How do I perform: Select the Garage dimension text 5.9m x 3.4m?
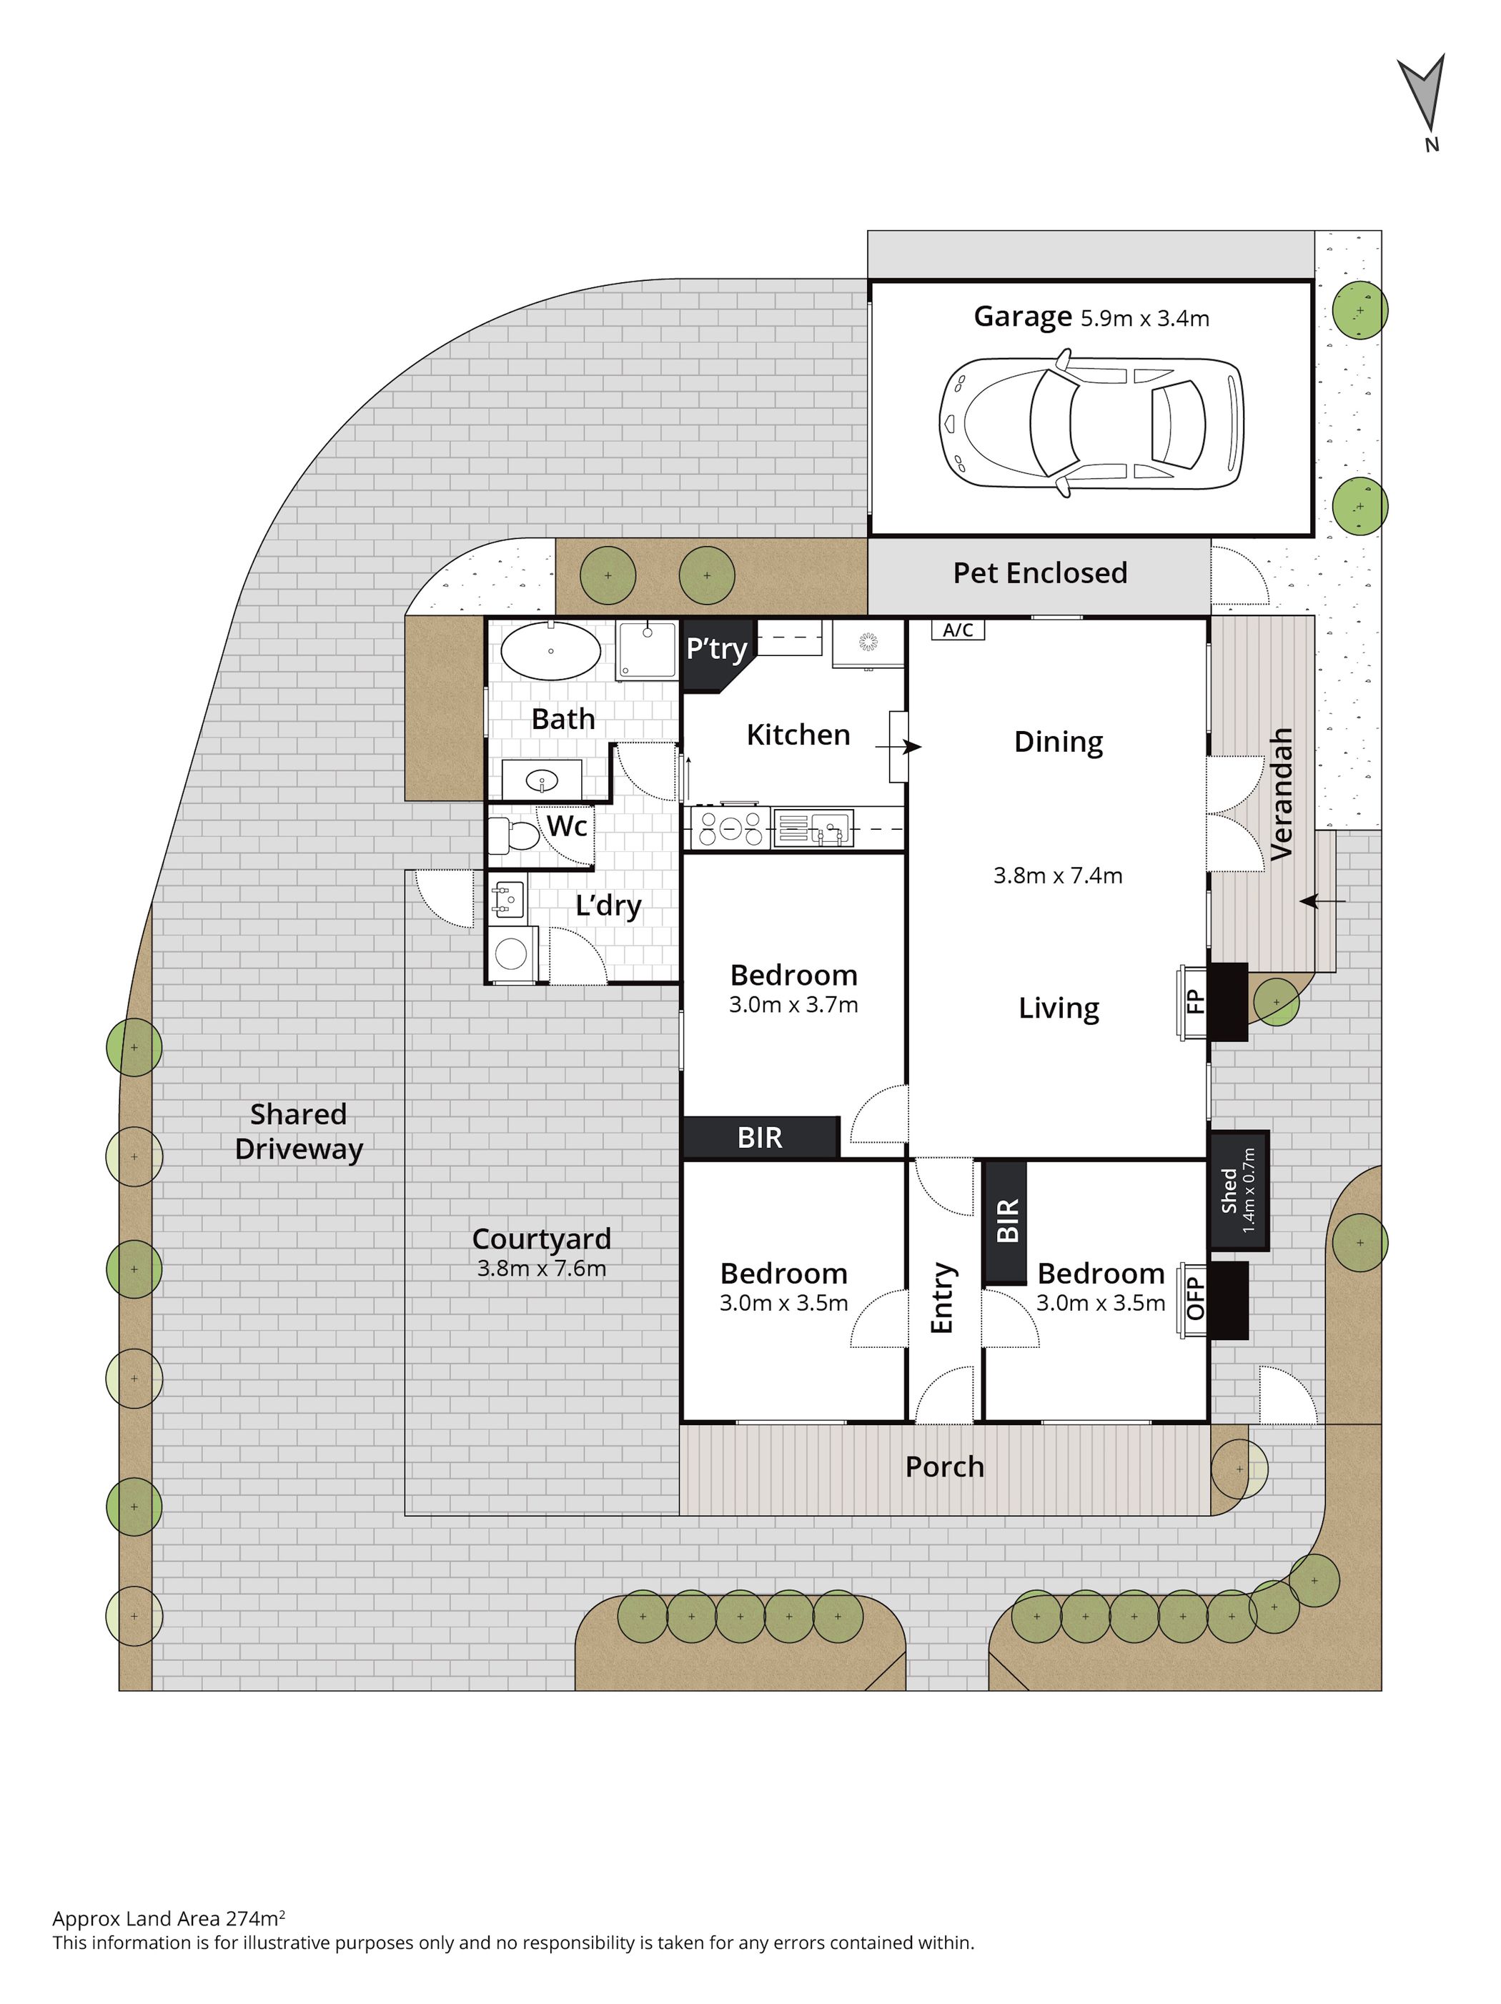point(1145,318)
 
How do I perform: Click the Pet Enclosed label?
point(1040,572)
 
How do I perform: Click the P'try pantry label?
point(716,649)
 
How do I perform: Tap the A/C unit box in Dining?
point(958,630)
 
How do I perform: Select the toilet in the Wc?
point(514,834)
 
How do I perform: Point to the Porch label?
point(945,1467)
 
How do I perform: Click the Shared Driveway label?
point(299,1131)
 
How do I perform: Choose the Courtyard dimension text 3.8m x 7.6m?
point(542,1269)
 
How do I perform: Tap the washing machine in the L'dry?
point(512,953)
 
